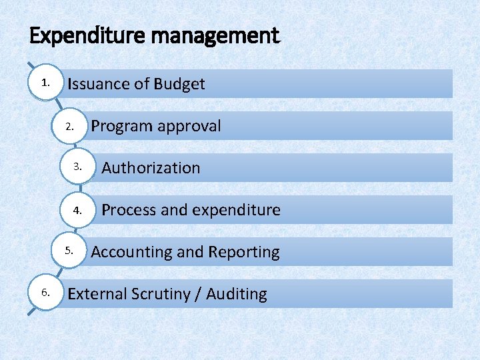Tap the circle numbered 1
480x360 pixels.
tap(45, 83)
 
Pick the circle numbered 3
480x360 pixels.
tap(79, 167)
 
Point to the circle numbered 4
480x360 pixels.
tap(79, 209)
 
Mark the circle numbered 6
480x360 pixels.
tap(45, 293)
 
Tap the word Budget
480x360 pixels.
tap(179, 84)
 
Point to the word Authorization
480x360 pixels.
tap(151, 168)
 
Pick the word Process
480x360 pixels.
tap(129, 210)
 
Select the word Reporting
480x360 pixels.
tap(244, 252)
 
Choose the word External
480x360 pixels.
tap(97, 294)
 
